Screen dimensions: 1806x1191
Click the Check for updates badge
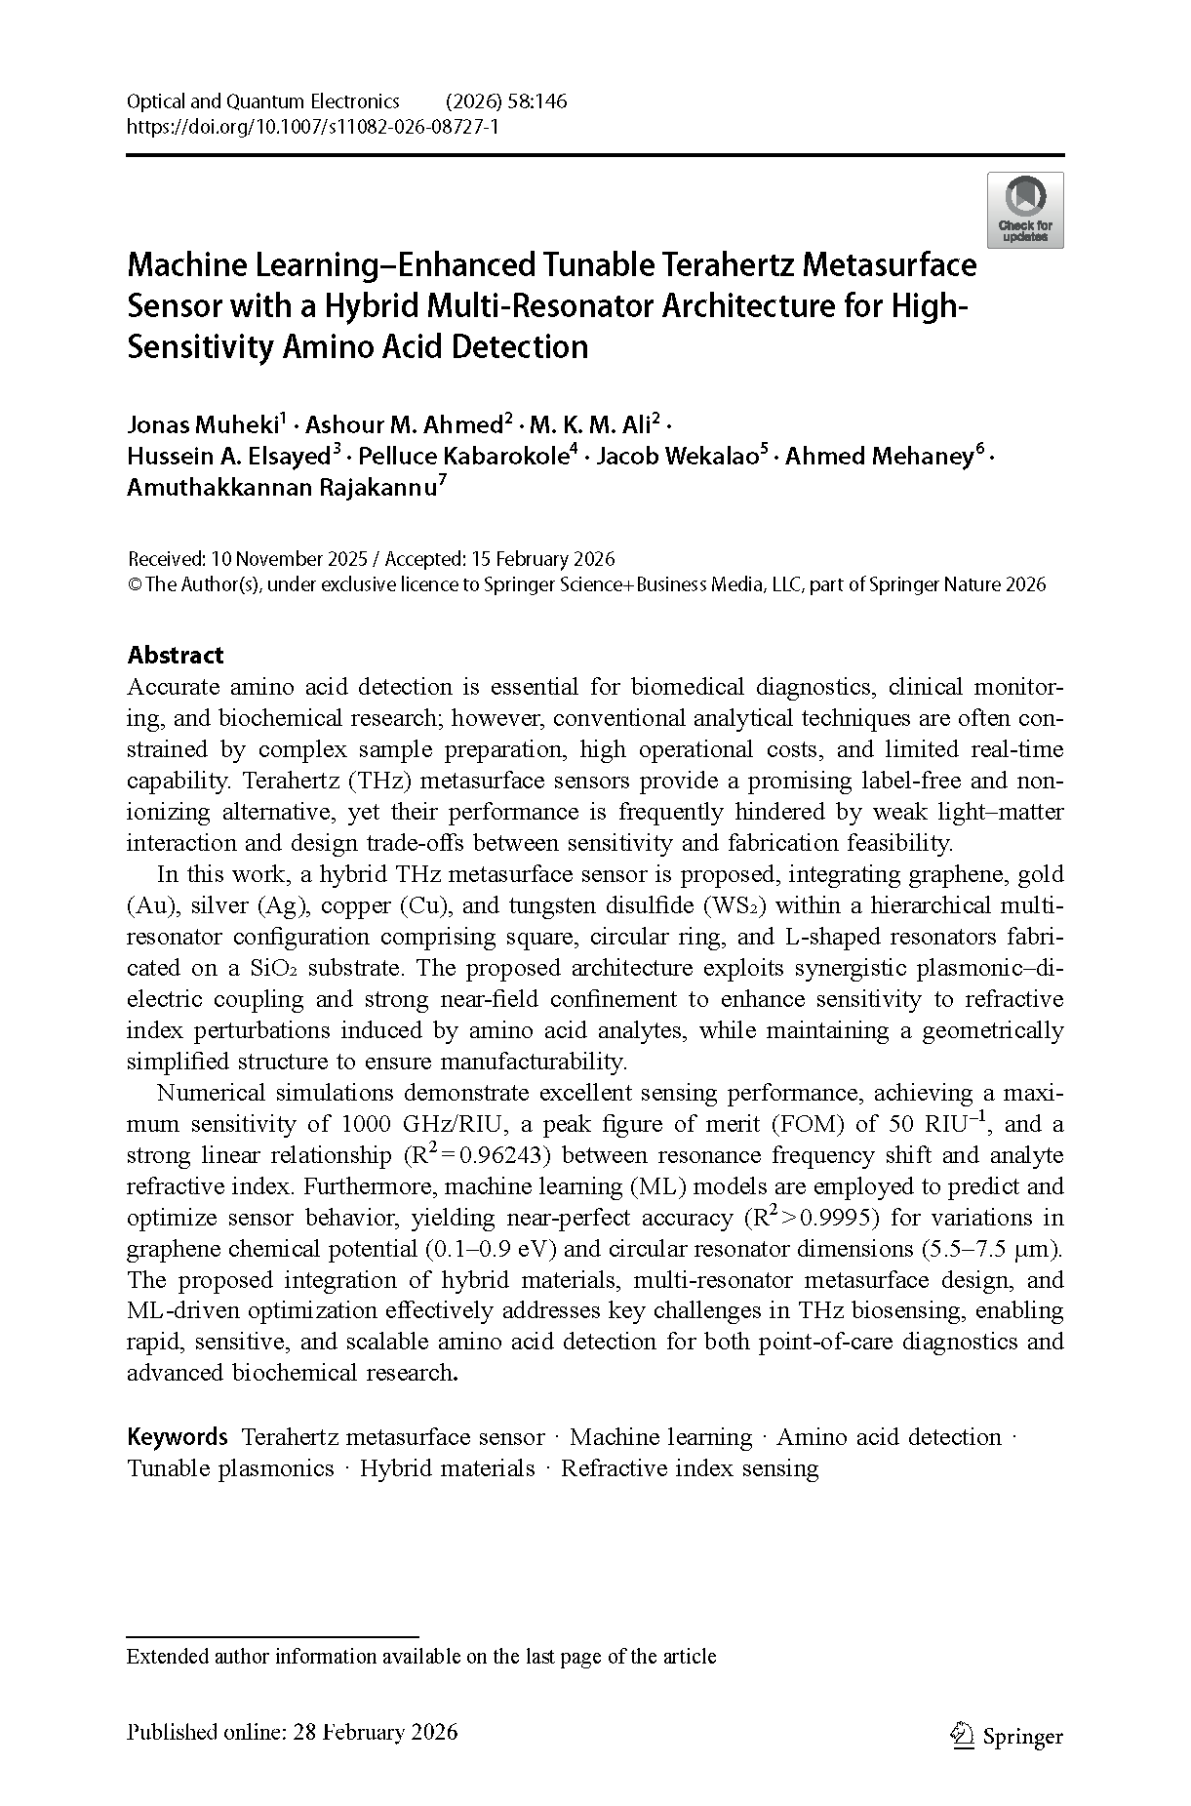point(1024,210)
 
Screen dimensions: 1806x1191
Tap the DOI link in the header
point(312,127)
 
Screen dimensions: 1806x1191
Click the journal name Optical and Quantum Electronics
point(263,101)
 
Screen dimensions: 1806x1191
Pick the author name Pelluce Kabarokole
point(464,456)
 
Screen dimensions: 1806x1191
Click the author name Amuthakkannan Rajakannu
point(282,487)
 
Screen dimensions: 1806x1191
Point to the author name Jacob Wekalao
point(677,456)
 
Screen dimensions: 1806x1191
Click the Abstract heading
point(176,655)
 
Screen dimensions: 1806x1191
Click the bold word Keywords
point(177,1437)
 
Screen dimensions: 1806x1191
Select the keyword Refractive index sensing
point(690,1468)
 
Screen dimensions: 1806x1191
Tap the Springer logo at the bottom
point(1007,1736)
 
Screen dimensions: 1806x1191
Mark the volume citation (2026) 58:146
point(505,101)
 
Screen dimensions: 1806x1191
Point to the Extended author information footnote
point(421,1657)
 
